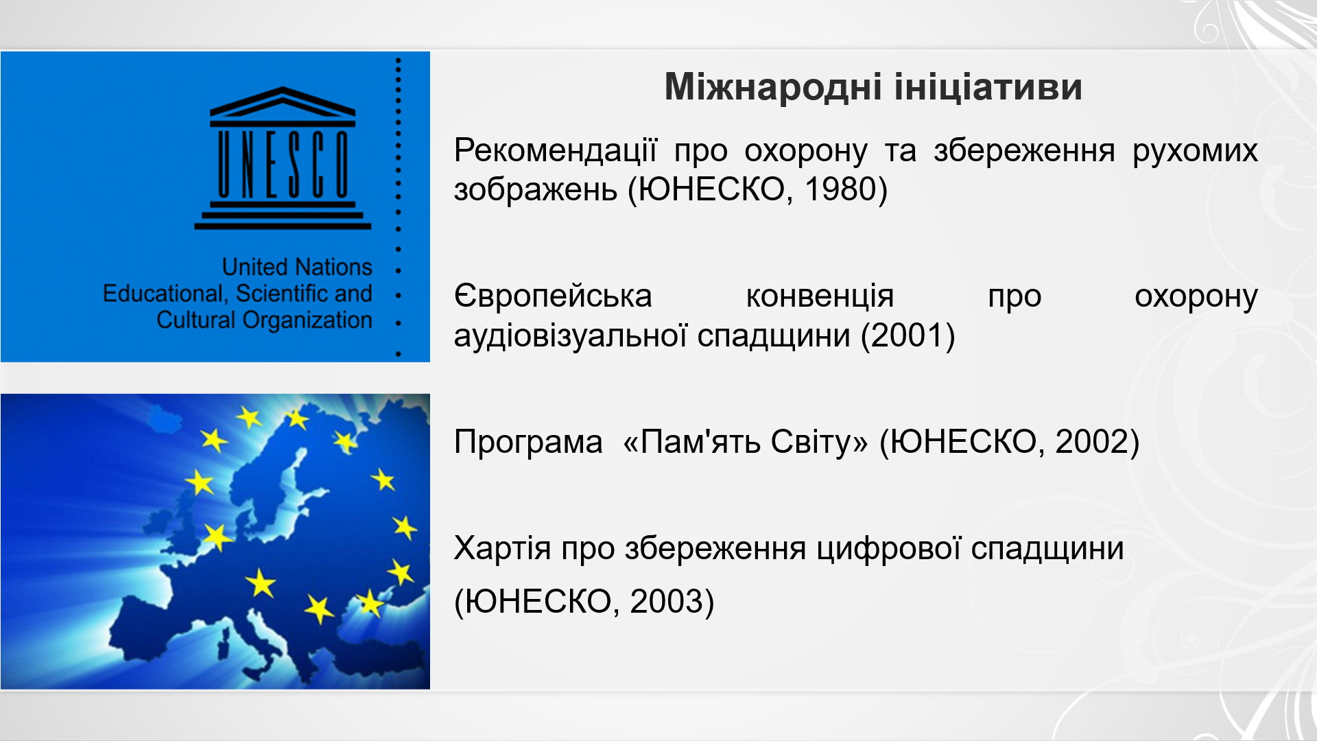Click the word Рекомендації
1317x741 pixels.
[x=556, y=150]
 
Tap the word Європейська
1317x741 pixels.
[x=553, y=297]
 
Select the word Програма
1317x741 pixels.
[x=528, y=442]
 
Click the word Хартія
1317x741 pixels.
[x=502, y=549]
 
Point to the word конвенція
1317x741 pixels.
[x=820, y=297]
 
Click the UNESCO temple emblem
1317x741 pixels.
[x=283, y=158]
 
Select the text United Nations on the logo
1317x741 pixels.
[x=297, y=266]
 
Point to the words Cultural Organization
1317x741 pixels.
[x=264, y=320]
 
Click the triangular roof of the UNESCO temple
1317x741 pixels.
[x=283, y=102]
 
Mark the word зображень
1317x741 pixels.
[x=536, y=190]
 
